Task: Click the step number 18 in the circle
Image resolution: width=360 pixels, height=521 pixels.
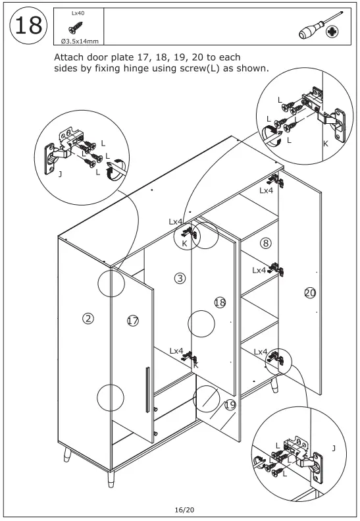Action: pos(28,26)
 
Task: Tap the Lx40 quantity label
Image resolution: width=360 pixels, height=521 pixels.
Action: pos(78,13)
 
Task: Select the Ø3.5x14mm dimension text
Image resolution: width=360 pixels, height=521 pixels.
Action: pos(80,41)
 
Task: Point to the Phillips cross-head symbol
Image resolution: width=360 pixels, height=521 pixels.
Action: pos(332,32)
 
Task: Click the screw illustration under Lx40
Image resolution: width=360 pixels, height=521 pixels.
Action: pos(76,28)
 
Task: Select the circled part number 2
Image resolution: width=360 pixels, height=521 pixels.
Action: pos(88,319)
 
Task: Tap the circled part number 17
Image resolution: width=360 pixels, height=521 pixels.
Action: pos(133,321)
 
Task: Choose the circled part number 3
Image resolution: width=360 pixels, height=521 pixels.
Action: pos(180,278)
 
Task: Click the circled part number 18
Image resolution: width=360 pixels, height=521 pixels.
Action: pos(220,302)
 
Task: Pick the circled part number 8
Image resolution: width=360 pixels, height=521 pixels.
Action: pos(266,243)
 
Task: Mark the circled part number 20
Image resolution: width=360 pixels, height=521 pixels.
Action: pos(310,292)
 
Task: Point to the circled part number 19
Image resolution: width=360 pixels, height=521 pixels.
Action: pos(230,404)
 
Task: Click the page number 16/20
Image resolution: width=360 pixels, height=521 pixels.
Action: pos(184,509)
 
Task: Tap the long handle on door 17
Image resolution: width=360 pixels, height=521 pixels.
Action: pos(147,390)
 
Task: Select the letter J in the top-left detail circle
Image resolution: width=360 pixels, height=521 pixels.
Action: pos(60,174)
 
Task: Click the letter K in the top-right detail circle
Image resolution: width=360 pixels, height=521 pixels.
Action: pos(326,144)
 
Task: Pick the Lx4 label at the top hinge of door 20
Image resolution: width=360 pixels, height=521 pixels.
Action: pos(266,190)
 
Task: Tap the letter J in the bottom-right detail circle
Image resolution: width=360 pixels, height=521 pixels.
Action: pos(334,449)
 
